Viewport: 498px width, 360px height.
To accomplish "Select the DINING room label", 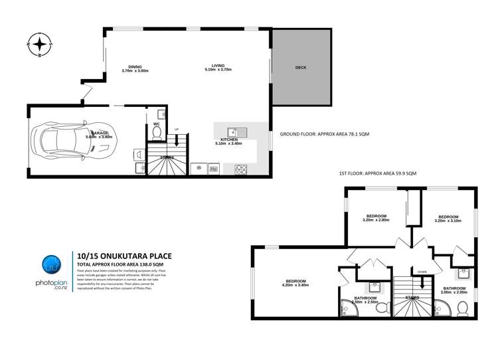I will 135,68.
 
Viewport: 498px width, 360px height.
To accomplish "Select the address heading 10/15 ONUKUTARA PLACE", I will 118,254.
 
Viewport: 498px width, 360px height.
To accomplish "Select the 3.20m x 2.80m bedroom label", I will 376,217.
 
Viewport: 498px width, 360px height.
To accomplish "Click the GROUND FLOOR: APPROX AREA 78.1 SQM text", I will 325,134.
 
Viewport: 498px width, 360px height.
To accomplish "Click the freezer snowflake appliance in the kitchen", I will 198,169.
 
